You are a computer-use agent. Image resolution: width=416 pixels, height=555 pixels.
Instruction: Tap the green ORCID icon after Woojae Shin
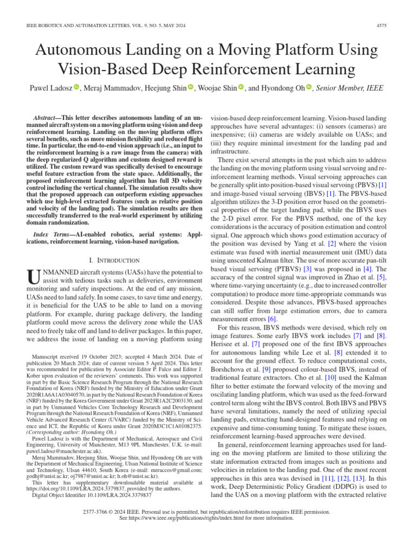(242, 87)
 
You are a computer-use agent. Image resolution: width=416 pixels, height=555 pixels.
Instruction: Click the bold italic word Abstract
(46, 117)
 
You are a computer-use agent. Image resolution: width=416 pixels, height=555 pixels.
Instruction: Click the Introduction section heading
(116, 261)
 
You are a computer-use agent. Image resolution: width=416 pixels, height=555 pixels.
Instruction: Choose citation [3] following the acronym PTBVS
(307, 269)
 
